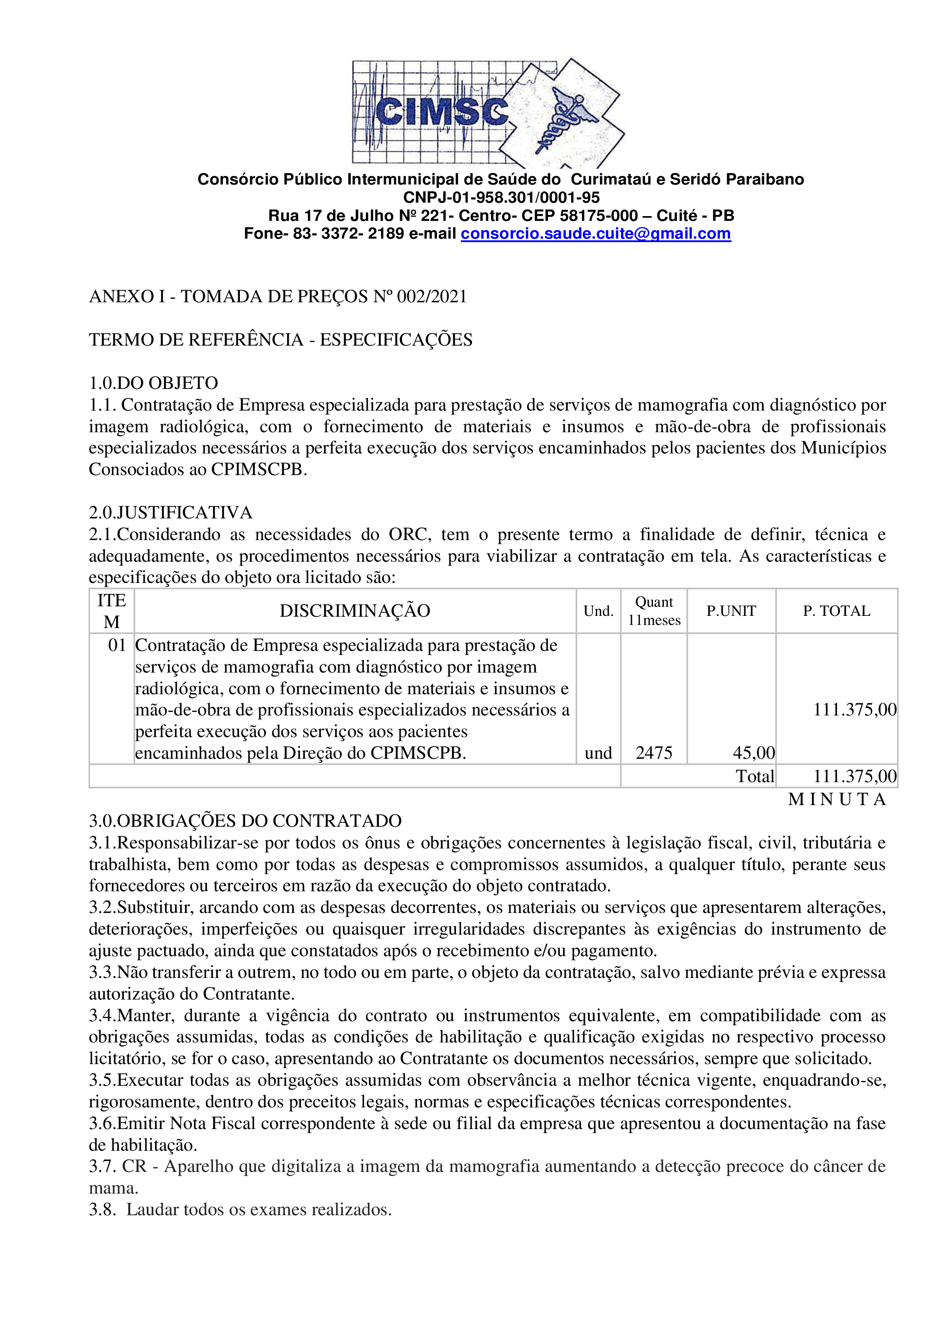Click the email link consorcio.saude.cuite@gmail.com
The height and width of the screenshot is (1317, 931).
pyautogui.click(x=595, y=234)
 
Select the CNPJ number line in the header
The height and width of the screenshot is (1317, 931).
pyautogui.click(x=501, y=198)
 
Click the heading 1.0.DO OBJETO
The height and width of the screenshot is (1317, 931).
pyautogui.click(x=153, y=383)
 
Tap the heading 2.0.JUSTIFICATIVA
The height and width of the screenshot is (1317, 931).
pyautogui.click(x=170, y=513)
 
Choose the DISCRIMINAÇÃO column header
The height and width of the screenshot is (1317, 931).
pyautogui.click(x=355, y=611)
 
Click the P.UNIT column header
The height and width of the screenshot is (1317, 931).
pyautogui.click(x=731, y=611)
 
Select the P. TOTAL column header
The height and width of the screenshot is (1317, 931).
pyautogui.click(x=836, y=611)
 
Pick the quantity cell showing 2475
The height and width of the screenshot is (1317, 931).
pyautogui.click(x=653, y=753)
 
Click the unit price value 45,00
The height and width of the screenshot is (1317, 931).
pyautogui.click(x=753, y=753)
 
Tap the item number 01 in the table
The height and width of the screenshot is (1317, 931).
pyautogui.click(x=116, y=645)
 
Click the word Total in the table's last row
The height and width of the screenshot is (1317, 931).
pyautogui.click(x=754, y=776)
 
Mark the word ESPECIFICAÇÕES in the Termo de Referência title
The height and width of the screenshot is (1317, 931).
pyautogui.click(x=396, y=340)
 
